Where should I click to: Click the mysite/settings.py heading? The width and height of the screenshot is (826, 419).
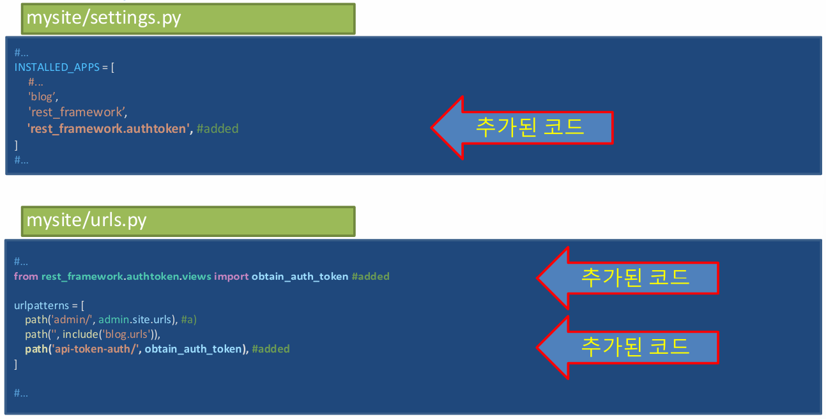tap(104, 18)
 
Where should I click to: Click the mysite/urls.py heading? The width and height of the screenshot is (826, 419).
tap(87, 220)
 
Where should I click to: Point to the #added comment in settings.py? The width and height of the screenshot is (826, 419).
tap(217, 128)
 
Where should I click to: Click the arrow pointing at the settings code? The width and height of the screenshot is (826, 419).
tap(522, 127)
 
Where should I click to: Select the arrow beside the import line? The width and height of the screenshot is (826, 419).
tap(627, 278)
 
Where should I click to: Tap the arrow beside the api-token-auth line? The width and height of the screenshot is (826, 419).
tap(627, 347)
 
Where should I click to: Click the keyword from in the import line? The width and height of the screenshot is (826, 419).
tap(26, 277)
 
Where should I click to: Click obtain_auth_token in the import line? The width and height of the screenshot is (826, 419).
tap(300, 277)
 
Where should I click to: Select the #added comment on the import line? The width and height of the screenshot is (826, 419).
tap(371, 277)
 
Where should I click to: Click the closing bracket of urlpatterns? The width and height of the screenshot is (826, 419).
tap(16, 363)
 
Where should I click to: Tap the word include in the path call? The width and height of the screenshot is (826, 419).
tap(80, 333)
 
